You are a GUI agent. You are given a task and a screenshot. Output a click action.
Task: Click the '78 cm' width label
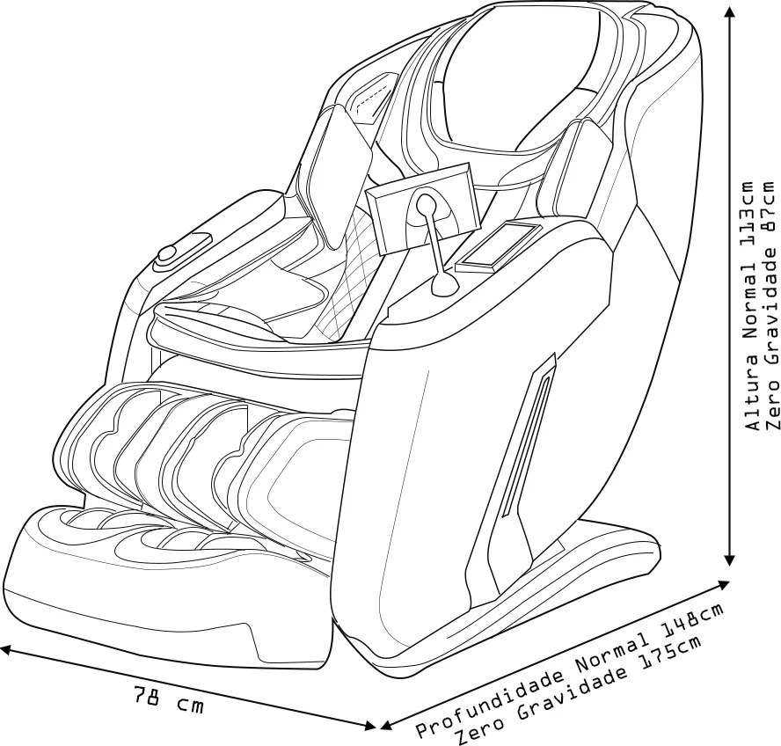(x=168, y=698)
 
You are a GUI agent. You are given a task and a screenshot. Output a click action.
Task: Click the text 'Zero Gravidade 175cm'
(x=578, y=691)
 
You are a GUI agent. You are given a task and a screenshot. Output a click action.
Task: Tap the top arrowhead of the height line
(x=730, y=11)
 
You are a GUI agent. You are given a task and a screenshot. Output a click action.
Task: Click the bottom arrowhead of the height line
(x=730, y=559)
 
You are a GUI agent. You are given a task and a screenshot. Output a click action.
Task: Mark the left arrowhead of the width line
(x=7, y=649)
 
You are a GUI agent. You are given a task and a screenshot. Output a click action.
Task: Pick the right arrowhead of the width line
(x=369, y=726)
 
